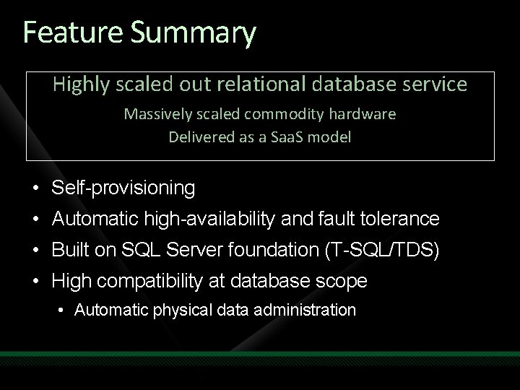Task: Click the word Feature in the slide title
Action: (66, 32)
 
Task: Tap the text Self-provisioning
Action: (123, 188)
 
